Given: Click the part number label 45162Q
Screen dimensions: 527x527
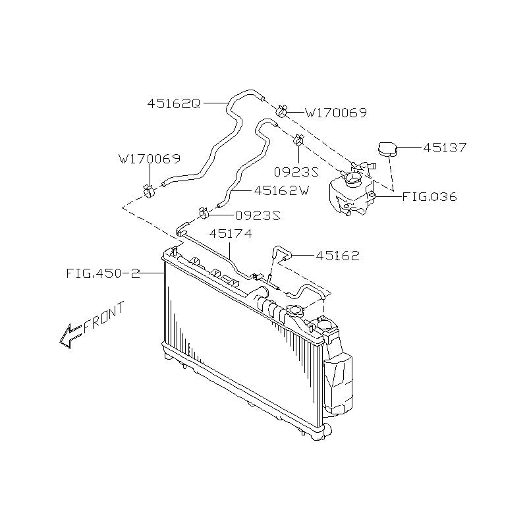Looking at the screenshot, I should coord(173,103).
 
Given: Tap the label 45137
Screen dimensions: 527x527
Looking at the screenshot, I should coord(445,148).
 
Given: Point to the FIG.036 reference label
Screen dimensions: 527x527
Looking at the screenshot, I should coord(430,196).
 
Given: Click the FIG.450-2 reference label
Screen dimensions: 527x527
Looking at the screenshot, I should coord(103,273).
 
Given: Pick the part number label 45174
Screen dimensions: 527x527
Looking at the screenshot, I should coord(231,234).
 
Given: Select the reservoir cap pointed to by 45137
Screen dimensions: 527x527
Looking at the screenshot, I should coord(386,150).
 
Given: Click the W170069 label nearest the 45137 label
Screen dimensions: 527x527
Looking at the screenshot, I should coord(335,113).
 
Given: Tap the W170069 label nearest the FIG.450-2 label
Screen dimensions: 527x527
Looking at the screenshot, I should coord(150,159).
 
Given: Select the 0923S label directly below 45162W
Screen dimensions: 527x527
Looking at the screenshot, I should coord(258,215).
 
